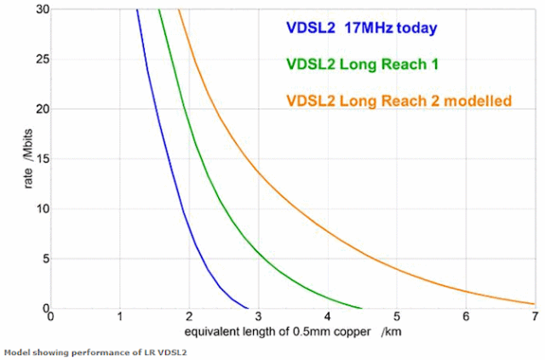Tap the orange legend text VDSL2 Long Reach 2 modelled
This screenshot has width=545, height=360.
[x=398, y=101]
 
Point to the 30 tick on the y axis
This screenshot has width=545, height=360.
[x=37, y=9]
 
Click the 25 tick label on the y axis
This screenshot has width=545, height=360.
[x=37, y=60]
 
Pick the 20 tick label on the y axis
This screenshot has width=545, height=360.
[x=37, y=109]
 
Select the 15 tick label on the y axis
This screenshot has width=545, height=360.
[x=37, y=159]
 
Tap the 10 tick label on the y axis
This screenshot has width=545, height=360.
[x=37, y=209]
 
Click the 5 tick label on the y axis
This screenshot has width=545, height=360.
[x=41, y=259]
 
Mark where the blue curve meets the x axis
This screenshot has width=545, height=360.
[x=247, y=308]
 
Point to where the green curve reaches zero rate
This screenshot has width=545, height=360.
[x=363, y=308]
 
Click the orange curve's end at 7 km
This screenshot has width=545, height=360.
[x=534, y=304]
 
